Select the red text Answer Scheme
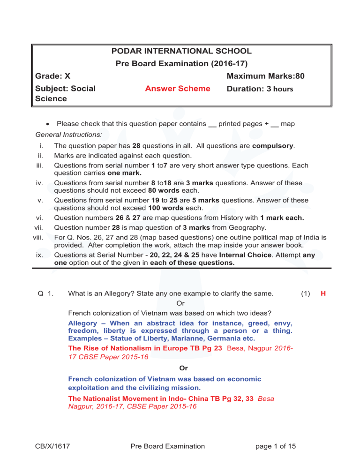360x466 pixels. [x=178, y=89]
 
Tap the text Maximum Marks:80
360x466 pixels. [x=265, y=75]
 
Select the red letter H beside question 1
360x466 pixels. [x=323, y=294]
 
